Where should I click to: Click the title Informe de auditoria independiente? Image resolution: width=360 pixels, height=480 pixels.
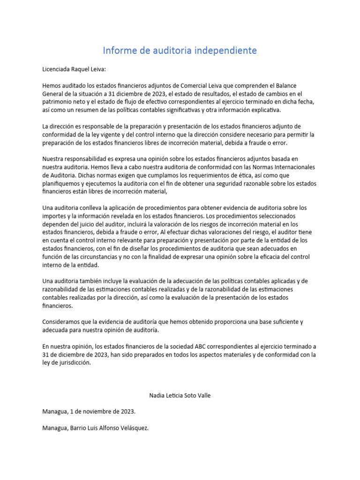(180, 50)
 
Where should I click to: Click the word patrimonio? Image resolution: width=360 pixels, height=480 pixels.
(58, 102)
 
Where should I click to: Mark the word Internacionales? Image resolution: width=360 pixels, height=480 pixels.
(290, 167)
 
